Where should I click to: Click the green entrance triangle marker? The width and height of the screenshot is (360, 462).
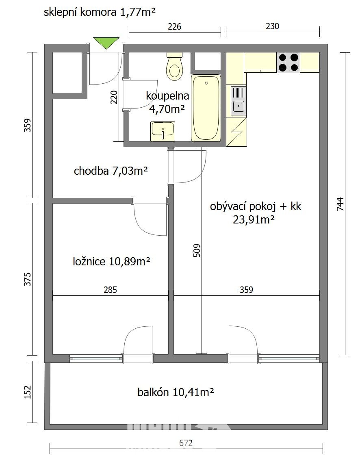pyautogui.click(x=106, y=42)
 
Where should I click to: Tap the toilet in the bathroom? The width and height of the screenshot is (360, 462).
pyautogui.click(x=174, y=66)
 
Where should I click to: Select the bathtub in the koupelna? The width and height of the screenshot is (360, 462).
pyautogui.click(x=206, y=108)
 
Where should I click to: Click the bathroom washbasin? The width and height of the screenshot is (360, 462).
pyautogui.click(x=163, y=131)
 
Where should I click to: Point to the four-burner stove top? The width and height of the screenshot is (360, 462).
pyautogui.click(x=288, y=63)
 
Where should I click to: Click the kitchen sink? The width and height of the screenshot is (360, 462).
pyautogui.click(x=238, y=100)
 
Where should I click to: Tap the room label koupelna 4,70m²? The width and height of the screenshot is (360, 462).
pyautogui.click(x=167, y=102)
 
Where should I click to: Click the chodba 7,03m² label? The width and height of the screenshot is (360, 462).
pyautogui.click(x=111, y=171)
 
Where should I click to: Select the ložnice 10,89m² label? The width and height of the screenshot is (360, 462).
pyautogui.click(x=112, y=261)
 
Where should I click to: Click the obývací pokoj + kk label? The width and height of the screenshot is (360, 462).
pyautogui.click(x=256, y=206)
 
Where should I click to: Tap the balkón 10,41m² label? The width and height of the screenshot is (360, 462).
pyautogui.click(x=176, y=392)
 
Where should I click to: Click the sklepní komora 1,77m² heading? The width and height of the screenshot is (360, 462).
pyautogui.click(x=100, y=12)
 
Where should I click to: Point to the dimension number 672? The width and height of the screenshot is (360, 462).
pyautogui.click(x=186, y=443)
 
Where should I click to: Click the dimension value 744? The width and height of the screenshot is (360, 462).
pyautogui.click(x=340, y=204)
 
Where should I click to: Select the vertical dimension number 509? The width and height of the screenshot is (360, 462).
pyautogui.click(x=197, y=250)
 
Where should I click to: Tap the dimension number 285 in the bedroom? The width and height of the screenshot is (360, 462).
pyautogui.click(x=110, y=290)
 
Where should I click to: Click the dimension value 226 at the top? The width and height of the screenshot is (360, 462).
pyautogui.click(x=174, y=27)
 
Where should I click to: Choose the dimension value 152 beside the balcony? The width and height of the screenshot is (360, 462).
pyautogui.click(x=27, y=392)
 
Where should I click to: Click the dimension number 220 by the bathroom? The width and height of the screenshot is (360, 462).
pyautogui.click(x=114, y=97)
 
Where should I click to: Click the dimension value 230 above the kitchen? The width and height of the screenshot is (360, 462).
pyautogui.click(x=272, y=26)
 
